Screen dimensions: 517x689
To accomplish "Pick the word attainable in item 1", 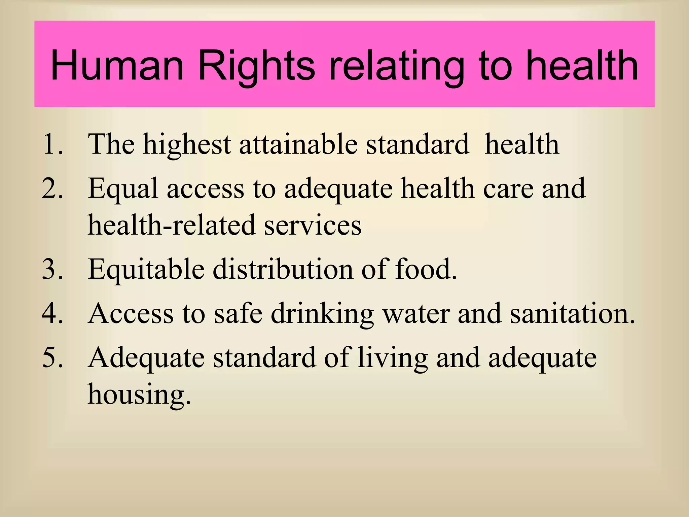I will coord(298,144).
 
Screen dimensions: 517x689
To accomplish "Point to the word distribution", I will coord(283,269).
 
